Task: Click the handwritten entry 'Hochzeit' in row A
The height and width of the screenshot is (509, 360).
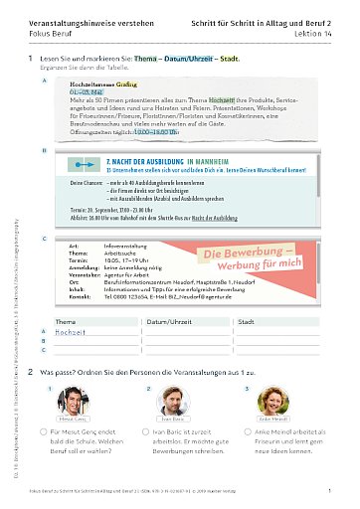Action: click(71, 334)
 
